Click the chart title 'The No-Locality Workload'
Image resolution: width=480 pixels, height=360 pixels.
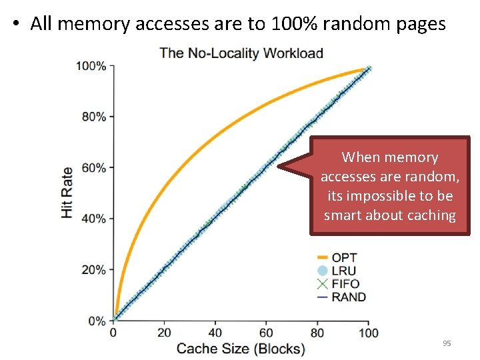(x=241, y=53)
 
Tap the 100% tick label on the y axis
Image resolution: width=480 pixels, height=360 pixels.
(x=91, y=66)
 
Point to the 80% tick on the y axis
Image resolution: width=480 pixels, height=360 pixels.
(x=93, y=117)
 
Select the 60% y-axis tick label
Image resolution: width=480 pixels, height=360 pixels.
(x=93, y=168)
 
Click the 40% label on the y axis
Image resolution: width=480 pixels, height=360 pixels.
(x=93, y=219)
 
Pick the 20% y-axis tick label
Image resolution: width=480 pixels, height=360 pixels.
(x=93, y=270)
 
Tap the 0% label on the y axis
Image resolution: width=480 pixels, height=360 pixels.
(x=97, y=321)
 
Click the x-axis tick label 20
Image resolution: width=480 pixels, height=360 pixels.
(x=164, y=333)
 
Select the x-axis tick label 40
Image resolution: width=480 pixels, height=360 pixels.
(x=215, y=333)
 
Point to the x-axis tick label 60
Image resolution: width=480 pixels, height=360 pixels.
(x=266, y=333)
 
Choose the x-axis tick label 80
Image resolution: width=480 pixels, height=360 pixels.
(x=317, y=333)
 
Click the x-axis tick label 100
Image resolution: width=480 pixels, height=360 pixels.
(x=368, y=333)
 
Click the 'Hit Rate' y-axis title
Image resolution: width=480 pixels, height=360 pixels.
(x=67, y=191)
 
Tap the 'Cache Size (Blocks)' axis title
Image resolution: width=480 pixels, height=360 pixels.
(x=240, y=349)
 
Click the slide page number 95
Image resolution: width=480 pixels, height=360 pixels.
(x=447, y=343)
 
